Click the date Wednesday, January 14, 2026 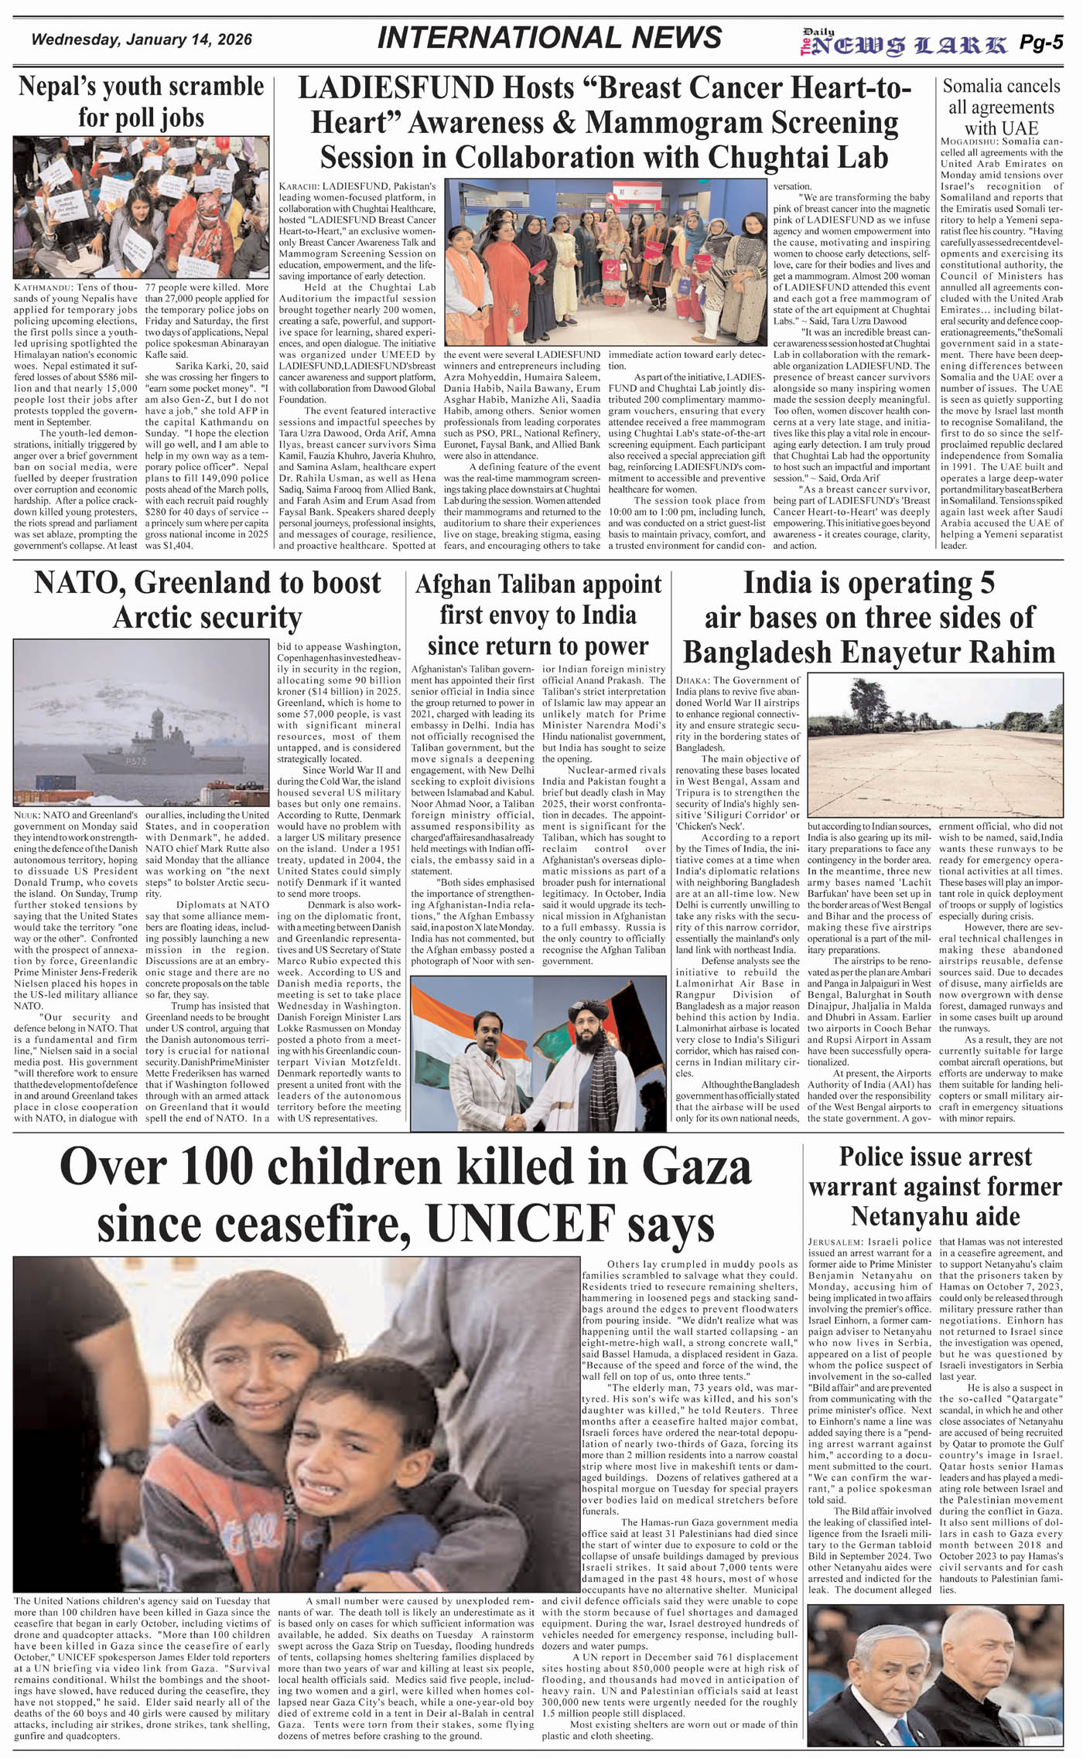point(142,39)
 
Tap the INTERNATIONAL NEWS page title point(549,38)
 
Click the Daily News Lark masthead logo point(904,44)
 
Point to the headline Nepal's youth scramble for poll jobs point(142,101)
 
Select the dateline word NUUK point(27,815)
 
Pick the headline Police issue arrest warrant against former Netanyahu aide point(934,1187)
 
